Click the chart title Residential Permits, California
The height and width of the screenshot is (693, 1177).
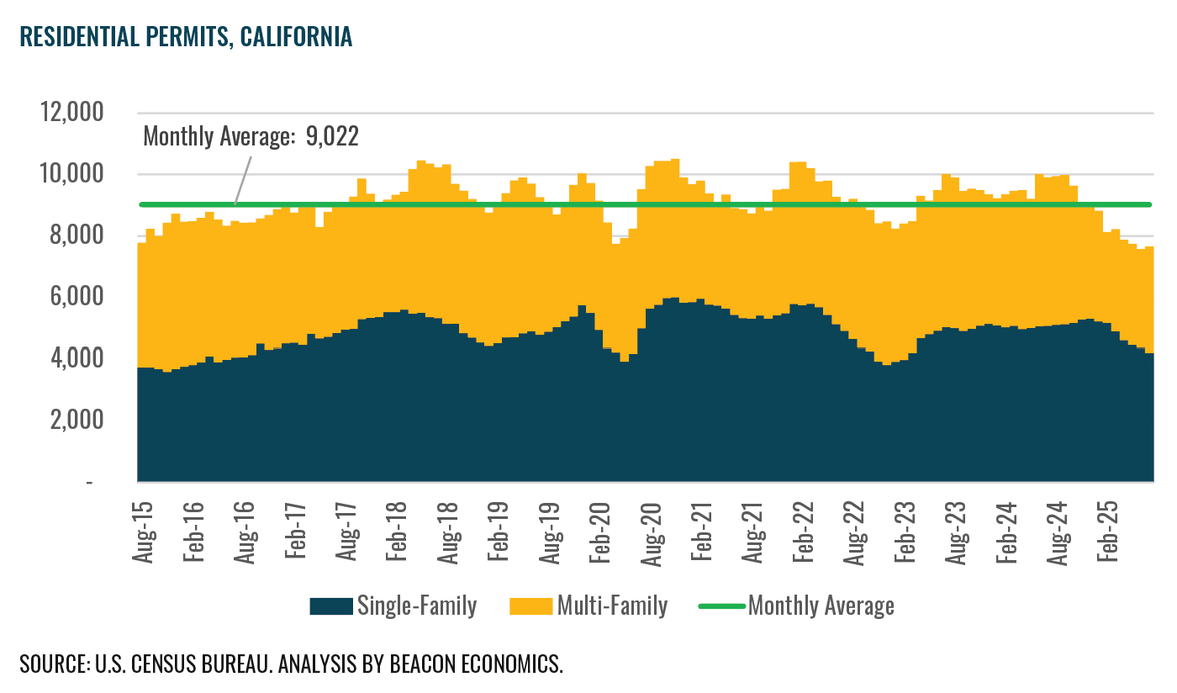[x=185, y=38]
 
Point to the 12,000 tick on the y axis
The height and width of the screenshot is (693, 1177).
[x=71, y=113]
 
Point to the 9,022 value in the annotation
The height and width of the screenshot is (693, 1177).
[x=332, y=137]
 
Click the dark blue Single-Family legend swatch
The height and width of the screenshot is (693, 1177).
[x=331, y=606]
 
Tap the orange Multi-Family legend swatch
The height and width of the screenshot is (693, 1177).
[x=531, y=606]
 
